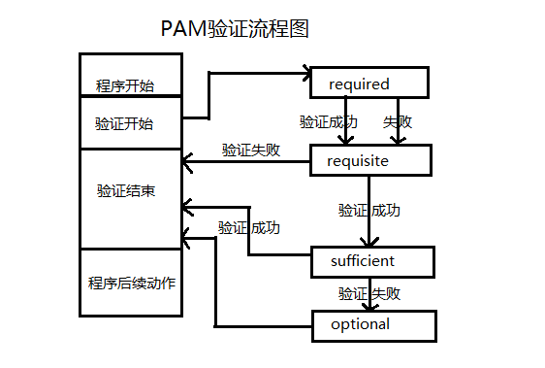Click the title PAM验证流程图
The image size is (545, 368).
(235, 28)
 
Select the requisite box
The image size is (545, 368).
(369, 161)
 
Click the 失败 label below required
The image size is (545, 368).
(397, 122)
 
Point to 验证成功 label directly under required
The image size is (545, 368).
(328, 122)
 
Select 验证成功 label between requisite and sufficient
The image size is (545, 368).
(369, 210)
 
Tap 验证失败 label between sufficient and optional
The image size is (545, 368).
(369, 292)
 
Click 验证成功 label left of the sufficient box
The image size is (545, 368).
(249, 228)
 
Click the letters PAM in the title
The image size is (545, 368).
(182, 28)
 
